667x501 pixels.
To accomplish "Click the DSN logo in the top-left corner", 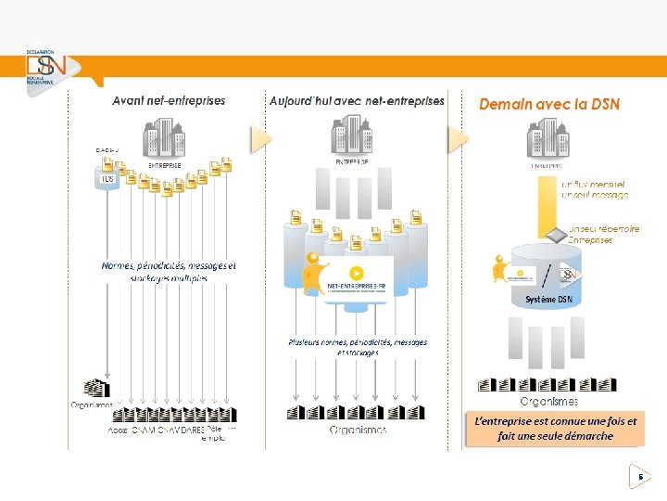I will point(43,67).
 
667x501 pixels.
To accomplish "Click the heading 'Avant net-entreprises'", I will point(169,100).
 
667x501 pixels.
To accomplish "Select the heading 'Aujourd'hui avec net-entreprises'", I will point(357,100).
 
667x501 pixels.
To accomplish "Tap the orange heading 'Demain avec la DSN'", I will point(549,105).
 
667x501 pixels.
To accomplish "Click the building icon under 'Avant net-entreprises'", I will point(164,140).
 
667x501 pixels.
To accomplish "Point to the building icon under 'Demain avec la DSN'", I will point(547,141).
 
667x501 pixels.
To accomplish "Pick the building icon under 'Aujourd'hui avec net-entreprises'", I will point(353,135).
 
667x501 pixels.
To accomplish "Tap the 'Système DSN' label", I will point(548,300).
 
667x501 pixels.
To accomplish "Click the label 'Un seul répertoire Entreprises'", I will point(603,234).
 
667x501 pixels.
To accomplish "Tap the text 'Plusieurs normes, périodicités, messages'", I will point(358,342).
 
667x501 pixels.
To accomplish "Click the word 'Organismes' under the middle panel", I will point(358,430).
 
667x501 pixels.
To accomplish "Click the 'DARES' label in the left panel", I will point(192,430).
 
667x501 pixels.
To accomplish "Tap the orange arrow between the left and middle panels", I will point(260,139).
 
